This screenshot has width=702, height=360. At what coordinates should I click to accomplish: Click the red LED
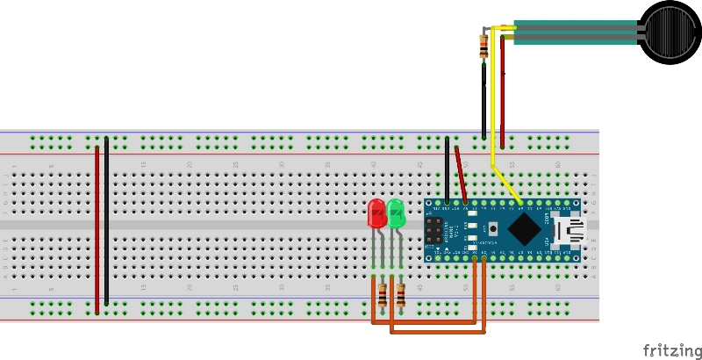coord(376,213)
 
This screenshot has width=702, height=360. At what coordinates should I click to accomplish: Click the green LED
coord(396,213)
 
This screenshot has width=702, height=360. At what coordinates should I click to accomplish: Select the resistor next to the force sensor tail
coord(484,45)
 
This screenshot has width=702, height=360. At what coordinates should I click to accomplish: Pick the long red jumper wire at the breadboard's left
coord(97,228)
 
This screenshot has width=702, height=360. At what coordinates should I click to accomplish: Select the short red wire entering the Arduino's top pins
coord(461,176)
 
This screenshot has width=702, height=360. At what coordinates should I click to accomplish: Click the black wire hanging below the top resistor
coord(484,101)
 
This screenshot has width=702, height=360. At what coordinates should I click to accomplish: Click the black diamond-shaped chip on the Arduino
coord(524,229)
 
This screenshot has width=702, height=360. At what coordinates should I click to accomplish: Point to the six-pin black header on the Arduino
coord(433,230)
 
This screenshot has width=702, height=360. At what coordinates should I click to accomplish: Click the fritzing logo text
coord(671,350)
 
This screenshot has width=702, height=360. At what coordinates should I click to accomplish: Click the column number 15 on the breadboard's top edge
coord(143,165)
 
